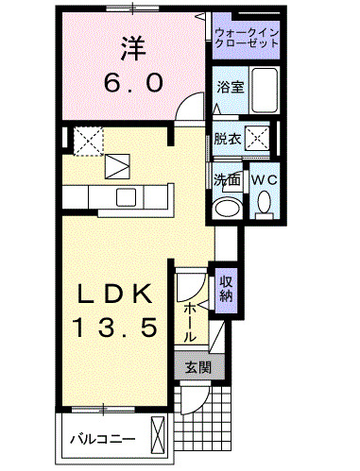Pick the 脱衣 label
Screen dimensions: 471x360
click(x=228, y=137)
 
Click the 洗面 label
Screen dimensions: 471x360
click(x=224, y=178)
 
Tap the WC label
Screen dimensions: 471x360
click(x=264, y=178)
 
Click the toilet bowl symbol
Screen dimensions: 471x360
click(x=264, y=200)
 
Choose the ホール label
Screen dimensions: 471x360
click(x=189, y=321)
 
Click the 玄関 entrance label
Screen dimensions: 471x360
click(x=197, y=366)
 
